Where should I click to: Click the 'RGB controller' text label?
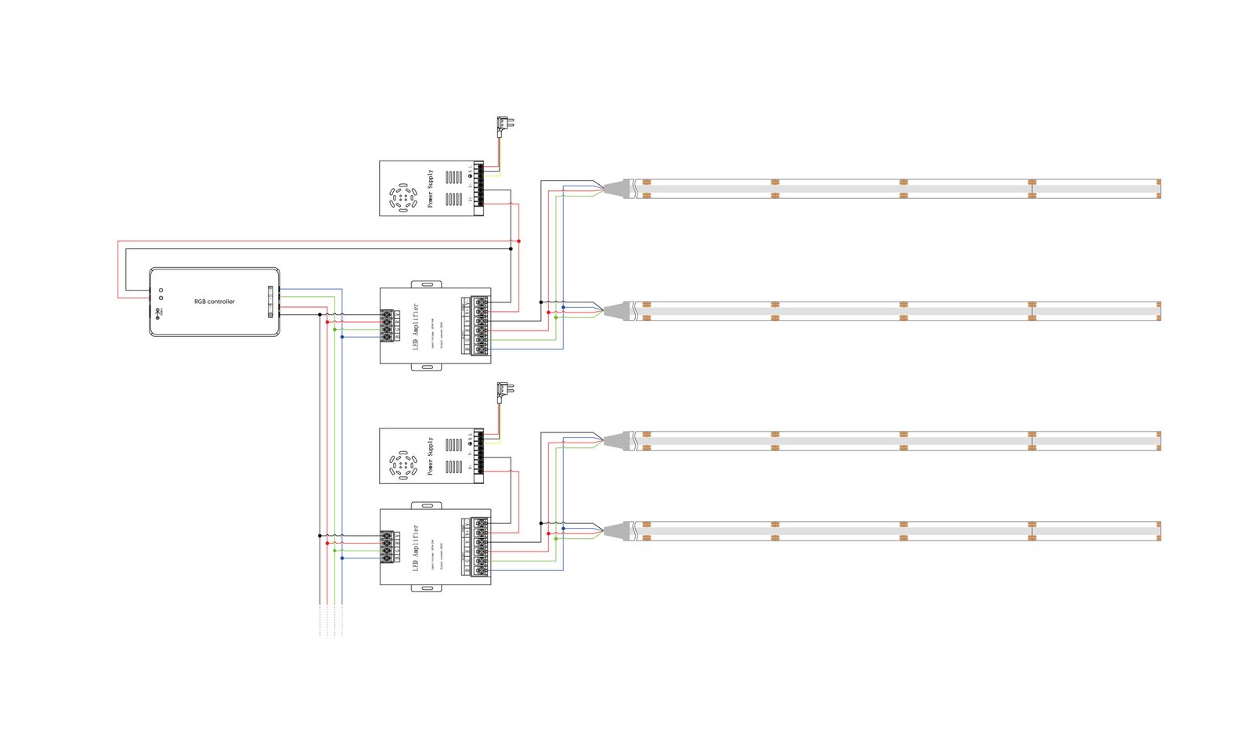pyautogui.click(x=215, y=302)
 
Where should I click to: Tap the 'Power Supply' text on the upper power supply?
pyautogui.click(x=430, y=189)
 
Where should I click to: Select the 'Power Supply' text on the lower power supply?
pyautogui.click(x=430, y=456)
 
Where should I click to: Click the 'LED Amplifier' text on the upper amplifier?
pyautogui.click(x=416, y=326)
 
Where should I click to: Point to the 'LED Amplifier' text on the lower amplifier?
pyautogui.click(x=416, y=548)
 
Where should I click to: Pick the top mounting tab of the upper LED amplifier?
pyautogui.click(x=426, y=284)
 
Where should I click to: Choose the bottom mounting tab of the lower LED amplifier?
pyautogui.click(x=426, y=587)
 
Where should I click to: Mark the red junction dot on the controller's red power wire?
pyautogui.click(x=519, y=241)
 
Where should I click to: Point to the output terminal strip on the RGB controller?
pyautogui.click(x=271, y=302)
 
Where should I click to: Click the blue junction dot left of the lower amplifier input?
pyautogui.click(x=342, y=558)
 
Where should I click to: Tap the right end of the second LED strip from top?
pyautogui.click(x=1157, y=311)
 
